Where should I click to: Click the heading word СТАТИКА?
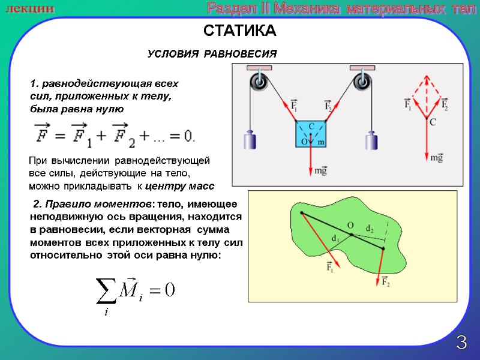coord(239,31)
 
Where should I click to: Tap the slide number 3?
coord(461,343)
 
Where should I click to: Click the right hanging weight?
coord(372,141)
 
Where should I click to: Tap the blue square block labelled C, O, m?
coord(311,133)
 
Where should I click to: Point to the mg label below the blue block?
coord(322,171)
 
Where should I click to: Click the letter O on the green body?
coord(350,225)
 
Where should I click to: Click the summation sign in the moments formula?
coord(107,290)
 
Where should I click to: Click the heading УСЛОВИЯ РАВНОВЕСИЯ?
coord(212,54)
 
